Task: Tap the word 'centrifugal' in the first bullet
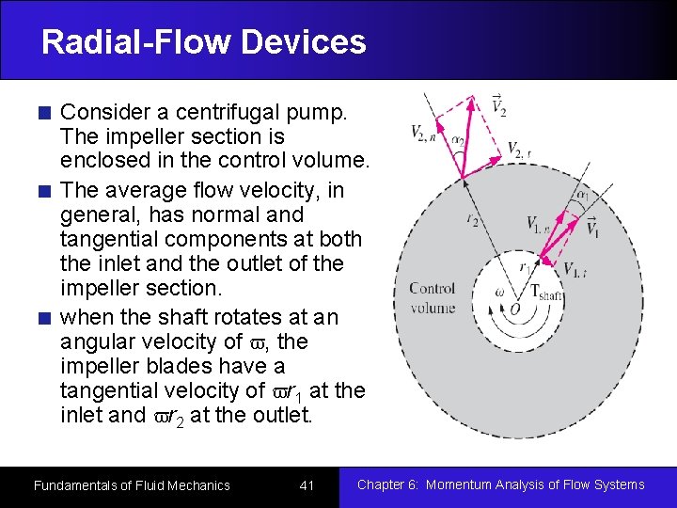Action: pyautogui.click(x=235, y=113)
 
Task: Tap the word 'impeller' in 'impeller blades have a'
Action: pyautogui.click(x=100, y=366)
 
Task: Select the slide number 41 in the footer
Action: pyautogui.click(x=307, y=485)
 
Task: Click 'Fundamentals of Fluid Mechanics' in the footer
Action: pyautogui.click(x=132, y=485)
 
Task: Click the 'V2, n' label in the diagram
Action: pyautogui.click(x=424, y=133)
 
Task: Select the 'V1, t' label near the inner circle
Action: pyautogui.click(x=576, y=271)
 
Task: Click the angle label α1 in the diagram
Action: pyautogui.click(x=583, y=195)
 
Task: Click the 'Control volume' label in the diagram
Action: pyautogui.click(x=433, y=298)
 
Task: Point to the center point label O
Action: pyautogui.click(x=514, y=310)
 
